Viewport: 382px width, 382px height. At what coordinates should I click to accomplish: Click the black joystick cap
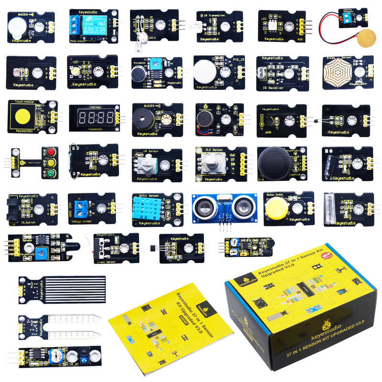coord(273,162)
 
